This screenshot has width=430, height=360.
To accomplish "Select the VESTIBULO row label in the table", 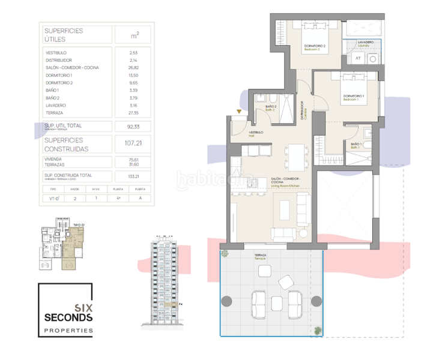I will pyautogui.click(x=56, y=53).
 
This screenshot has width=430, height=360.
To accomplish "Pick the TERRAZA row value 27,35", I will pyautogui.click(x=135, y=113).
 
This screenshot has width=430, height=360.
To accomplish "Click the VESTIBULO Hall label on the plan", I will pyautogui.click(x=257, y=133).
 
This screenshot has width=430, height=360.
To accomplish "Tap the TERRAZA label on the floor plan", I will pyautogui.click(x=260, y=256).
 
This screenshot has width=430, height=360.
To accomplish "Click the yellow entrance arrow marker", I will pyautogui.click(x=239, y=112).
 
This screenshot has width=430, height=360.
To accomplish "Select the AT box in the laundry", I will pyautogui.click(x=357, y=58).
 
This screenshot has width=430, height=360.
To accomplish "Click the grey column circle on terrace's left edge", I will pyautogui.click(x=227, y=301).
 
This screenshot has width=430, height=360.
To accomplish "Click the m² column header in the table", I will pyautogui.click(x=135, y=35).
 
